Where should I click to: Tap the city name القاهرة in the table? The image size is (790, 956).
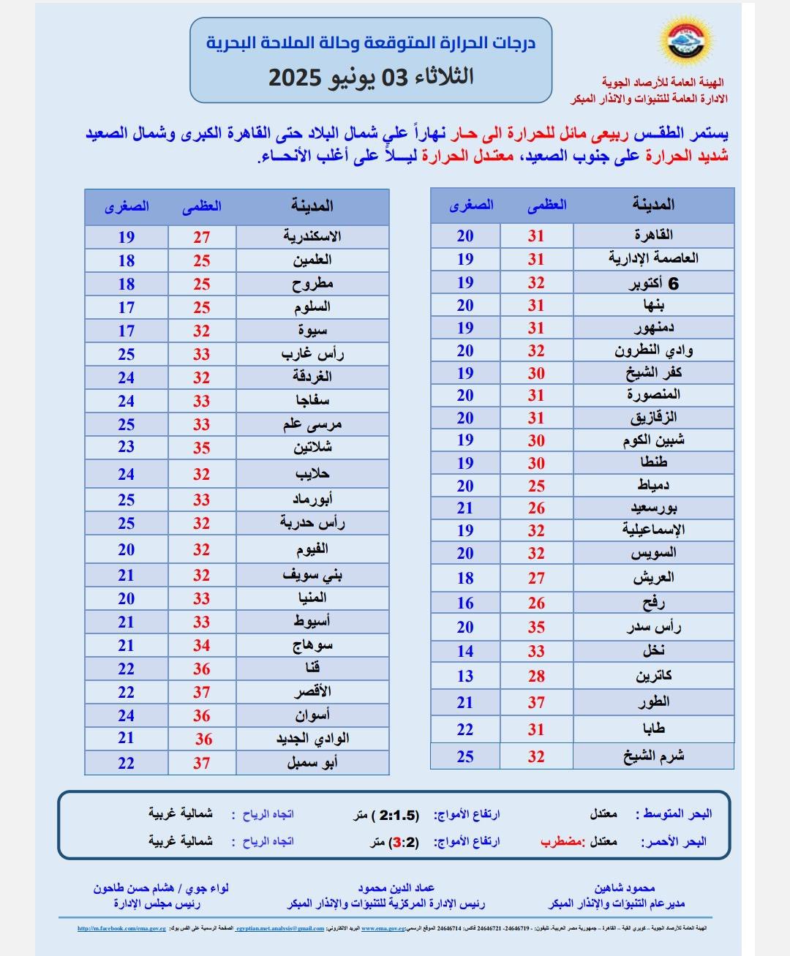653,235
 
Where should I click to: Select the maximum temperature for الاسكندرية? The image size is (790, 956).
202,237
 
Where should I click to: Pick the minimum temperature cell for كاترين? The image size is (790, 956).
465,676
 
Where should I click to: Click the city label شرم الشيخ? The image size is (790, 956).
653,756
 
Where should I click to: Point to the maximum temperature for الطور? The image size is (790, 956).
536,702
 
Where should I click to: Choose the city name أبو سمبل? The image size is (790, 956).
312,762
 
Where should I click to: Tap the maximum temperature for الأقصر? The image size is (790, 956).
202,692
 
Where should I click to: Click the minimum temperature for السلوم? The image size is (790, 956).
127,308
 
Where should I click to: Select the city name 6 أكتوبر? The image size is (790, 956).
653,283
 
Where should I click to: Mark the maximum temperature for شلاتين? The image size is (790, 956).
202,448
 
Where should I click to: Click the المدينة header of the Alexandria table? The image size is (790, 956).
312,206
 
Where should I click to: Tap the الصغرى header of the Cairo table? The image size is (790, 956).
471,206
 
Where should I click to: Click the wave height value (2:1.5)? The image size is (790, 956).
395,815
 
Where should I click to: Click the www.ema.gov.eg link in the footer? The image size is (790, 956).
383,928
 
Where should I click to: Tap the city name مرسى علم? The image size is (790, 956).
312,424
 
